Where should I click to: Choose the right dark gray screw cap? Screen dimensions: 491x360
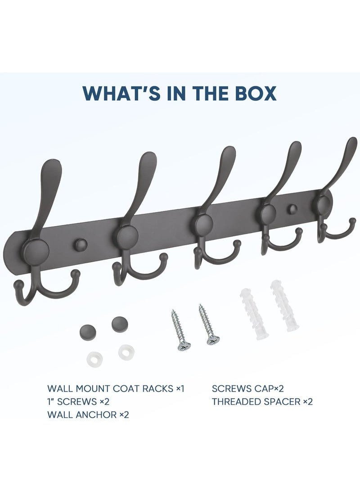tap(119, 322)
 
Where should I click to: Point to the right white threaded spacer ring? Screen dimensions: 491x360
tap(124, 351)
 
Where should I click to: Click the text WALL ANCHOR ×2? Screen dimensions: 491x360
tap(88, 414)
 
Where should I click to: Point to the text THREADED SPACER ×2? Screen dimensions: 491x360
tap(262, 401)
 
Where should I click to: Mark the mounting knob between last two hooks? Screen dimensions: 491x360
tap(293, 209)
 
